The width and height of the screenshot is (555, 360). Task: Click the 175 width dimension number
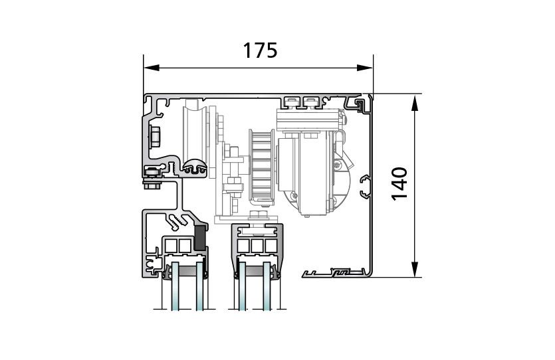pyautogui.click(x=260, y=50)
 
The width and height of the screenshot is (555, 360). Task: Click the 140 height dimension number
pyautogui.click(x=399, y=184)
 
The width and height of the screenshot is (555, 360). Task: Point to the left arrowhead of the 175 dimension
pyautogui.click(x=152, y=68)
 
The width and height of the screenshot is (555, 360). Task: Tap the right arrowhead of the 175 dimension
pyautogui.click(x=365, y=68)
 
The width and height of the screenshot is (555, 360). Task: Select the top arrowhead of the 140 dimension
pyautogui.click(x=415, y=102)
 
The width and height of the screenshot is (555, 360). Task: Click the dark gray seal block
pyautogui.click(x=200, y=236)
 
